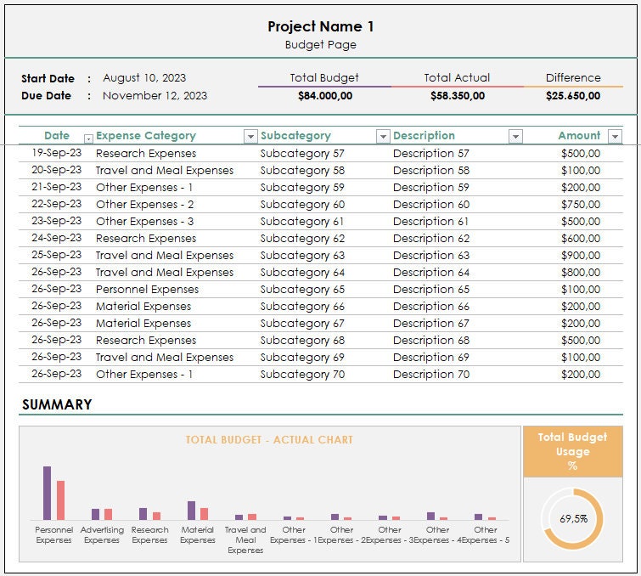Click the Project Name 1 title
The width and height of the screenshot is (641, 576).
click(320, 26)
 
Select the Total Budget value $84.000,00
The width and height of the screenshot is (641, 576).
click(324, 96)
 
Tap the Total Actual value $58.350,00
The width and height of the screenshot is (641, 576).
click(457, 96)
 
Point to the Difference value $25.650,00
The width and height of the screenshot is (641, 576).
click(572, 96)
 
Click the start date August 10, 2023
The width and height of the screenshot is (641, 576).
click(144, 78)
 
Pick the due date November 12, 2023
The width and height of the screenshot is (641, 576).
click(155, 96)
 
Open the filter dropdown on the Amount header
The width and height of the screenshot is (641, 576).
click(615, 137)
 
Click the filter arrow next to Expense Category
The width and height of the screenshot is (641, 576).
click(250, 137)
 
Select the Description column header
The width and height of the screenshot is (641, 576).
click(424, 136)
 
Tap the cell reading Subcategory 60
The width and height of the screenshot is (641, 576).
click(302, 205)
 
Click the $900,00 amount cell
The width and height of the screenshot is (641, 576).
click(581, 256)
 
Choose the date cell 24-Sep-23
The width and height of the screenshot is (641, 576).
click(57, 239)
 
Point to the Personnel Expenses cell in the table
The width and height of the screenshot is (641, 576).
click(147, 290)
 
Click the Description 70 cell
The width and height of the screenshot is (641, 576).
click(430, 375)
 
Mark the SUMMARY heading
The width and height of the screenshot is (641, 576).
click(57, 405)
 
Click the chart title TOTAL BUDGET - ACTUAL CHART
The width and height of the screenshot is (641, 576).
click(269, 440)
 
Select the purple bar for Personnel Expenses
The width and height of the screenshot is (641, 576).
click(47, 493)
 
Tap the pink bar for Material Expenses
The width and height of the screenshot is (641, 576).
click(204, 514)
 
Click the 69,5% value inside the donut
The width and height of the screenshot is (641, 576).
click(572, 518)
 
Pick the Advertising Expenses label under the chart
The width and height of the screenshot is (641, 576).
click(102, 535)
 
